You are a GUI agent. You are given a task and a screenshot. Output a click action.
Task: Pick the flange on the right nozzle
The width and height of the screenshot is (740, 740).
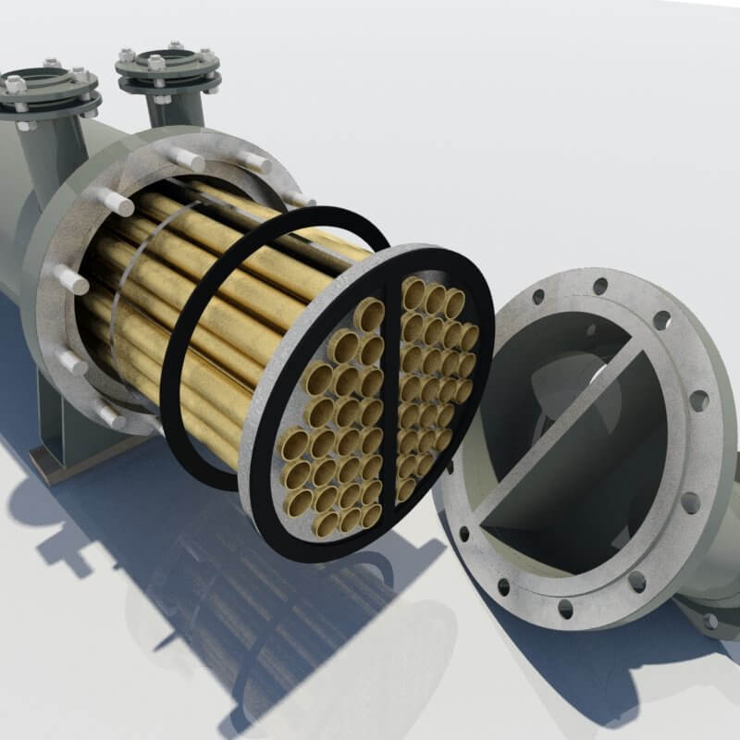[167, 68]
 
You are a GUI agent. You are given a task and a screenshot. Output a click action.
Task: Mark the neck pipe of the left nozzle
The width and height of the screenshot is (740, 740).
[55, 148]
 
